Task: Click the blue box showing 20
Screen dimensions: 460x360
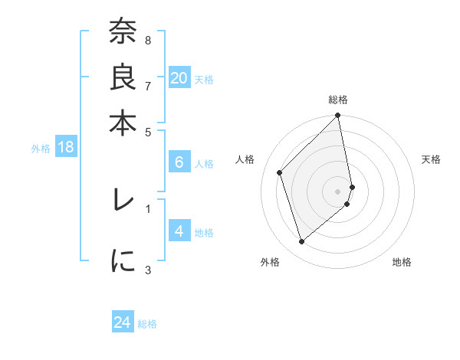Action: [179, 78]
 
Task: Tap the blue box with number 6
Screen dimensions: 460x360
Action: [179, 162]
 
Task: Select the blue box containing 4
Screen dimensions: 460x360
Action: [179, 231]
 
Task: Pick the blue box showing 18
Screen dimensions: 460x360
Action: [66, 148]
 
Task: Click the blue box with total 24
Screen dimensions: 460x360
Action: [123, 322]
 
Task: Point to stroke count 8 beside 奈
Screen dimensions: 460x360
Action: [147, 40]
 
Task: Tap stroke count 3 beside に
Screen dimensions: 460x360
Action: [147, 269]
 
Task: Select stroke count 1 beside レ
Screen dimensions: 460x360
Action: [147, 207]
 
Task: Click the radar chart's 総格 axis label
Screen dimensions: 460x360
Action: [338, 100]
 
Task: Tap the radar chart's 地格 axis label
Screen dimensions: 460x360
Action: [402, 262]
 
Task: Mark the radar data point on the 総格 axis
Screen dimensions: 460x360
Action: [338, 116]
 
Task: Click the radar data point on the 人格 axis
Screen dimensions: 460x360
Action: [280, 172]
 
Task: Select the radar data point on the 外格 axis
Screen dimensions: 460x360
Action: [301, 242]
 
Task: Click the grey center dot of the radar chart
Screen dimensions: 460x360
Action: [338, 191]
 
